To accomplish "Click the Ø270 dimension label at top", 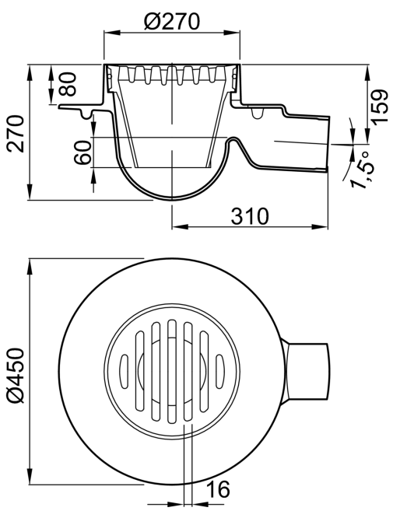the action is tap(172, 22).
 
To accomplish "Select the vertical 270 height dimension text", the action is tap(16, 134).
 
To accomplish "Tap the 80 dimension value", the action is tap(68, 85).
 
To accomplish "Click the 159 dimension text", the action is tap(379, 107).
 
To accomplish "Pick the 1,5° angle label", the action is tap(363, 170).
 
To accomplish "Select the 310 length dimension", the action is tap(250, 216).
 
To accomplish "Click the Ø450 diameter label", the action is tap(16, 376).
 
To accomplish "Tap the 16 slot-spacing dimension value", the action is tap(218, 489).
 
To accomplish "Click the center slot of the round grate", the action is tap(171, 371).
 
